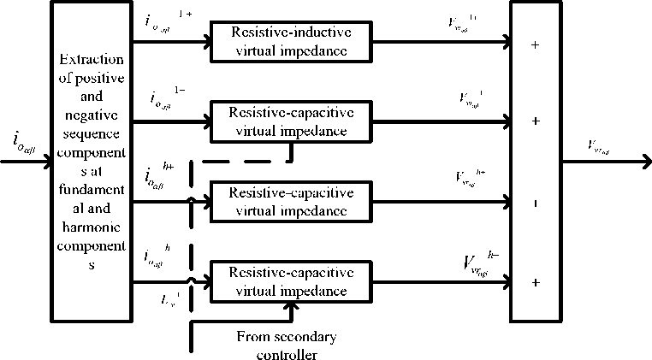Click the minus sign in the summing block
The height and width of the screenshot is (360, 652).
(x=536, y=204)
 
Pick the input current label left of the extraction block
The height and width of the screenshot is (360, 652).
(x=24, y=140)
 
